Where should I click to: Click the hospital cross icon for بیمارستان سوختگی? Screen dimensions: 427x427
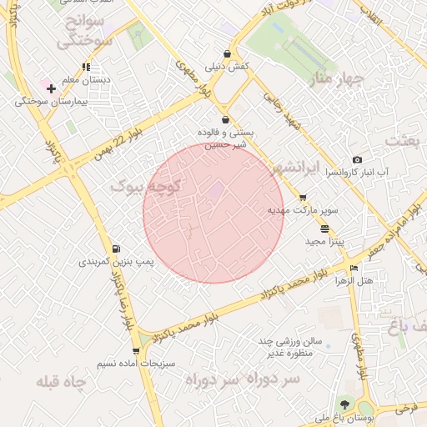51,88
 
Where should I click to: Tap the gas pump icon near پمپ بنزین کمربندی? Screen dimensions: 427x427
114,248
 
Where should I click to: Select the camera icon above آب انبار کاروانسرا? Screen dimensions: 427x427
357,159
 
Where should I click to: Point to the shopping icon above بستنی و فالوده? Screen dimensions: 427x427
225,120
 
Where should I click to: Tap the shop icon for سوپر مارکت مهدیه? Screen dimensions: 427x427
302,198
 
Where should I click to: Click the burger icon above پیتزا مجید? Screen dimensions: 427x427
324,228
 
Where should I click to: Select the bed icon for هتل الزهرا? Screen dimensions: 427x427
354,268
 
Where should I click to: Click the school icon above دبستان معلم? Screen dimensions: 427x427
85,67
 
